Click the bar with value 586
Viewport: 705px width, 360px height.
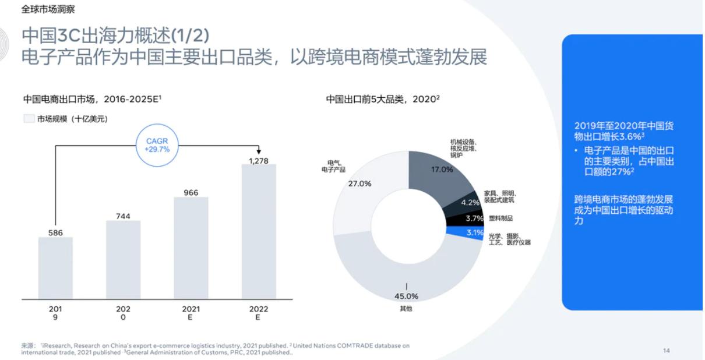click(55, 268)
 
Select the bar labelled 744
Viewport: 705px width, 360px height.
click(123, 259)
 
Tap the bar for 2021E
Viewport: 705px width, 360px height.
click(191, 248)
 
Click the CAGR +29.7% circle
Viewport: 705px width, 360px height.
click(157, 145)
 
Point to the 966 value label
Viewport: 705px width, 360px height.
click(191, 192)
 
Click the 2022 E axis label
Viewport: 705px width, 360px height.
click(258, 313)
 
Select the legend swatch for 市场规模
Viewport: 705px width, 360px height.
click(29, 119)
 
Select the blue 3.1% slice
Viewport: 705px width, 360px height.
click(471, 233)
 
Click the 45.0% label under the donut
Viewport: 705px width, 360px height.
click(406, 296)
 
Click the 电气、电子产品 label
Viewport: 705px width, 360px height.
click(333, 166)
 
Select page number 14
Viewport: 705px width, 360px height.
click(667, 350)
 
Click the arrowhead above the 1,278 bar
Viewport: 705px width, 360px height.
click(259, 151)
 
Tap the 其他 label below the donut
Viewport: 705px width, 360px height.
click(406, 309)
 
